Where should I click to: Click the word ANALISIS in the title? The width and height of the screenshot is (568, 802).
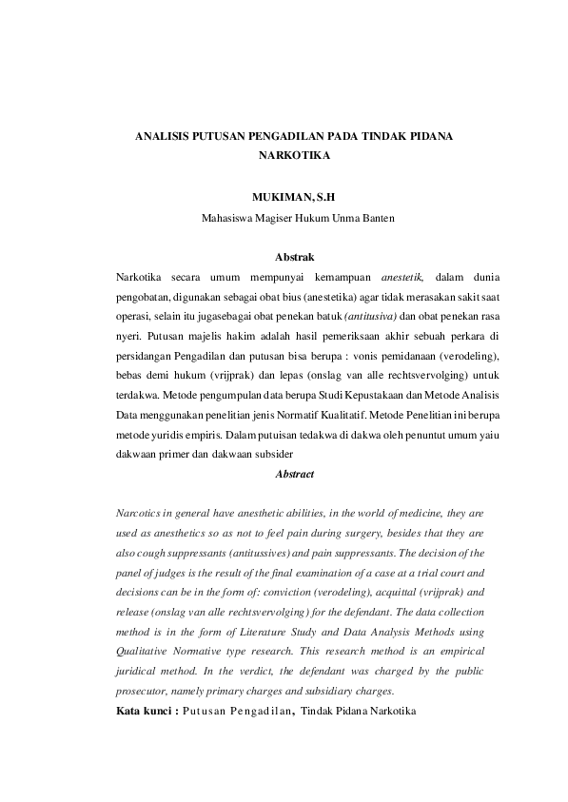(161, 136)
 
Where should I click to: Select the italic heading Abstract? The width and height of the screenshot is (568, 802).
(294, 473)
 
